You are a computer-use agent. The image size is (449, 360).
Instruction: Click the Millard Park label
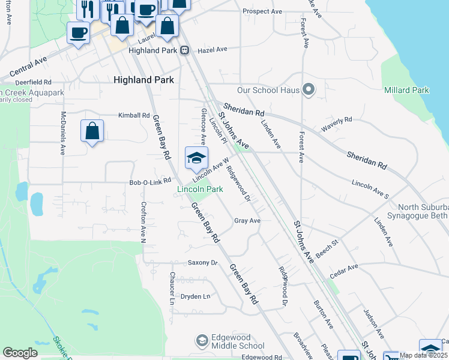point(406,90)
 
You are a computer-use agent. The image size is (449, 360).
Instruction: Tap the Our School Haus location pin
point(309,90)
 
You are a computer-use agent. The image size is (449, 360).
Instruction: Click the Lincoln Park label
point(200,189)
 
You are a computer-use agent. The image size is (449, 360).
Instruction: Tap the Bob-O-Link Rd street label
point(151,181)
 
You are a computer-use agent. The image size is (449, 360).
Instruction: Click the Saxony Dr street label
point(202,263)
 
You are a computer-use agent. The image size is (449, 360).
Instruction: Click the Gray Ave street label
point(247,221)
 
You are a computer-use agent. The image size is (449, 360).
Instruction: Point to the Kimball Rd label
point(133,115)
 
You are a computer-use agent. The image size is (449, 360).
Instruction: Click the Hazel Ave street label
point(213,50)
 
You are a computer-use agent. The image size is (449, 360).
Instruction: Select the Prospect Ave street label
point(262,11)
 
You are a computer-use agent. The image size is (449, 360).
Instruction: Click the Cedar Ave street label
point(343,270)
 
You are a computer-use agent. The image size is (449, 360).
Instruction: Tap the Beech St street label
point(327,250)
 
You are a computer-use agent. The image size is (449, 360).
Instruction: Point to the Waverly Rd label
point(336,124)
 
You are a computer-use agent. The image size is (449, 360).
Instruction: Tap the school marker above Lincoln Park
point(196,158)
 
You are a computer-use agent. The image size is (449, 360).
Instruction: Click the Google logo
point(20,353)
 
